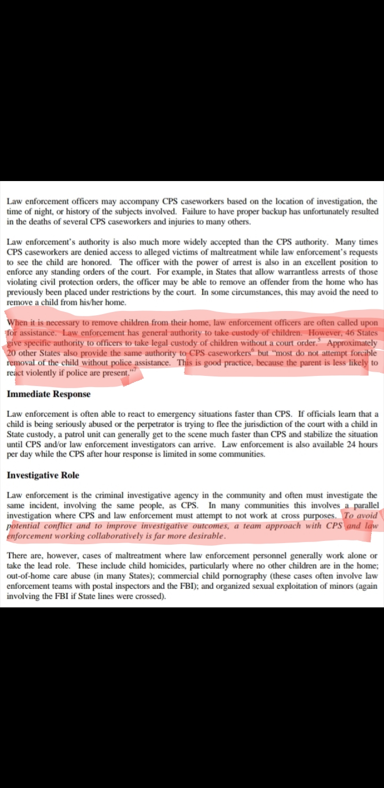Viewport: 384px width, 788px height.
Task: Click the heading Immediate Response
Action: pyautogui.click(x=49, y=395)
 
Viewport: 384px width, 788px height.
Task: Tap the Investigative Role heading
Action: pyautogui.click(x=43, y=475)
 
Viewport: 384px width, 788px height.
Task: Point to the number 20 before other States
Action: pyautogui.click(x=12, y=352)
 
